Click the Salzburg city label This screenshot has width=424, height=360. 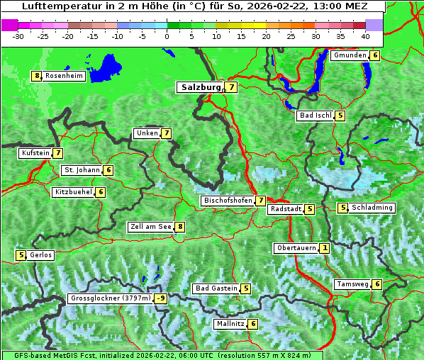(x=200, y=87)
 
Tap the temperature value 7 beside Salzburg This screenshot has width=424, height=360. (x=232, y=87)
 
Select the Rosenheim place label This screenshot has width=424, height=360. (x=64, y=76)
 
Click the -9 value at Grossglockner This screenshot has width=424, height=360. (x=162, y=298)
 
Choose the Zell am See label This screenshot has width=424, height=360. (x=150, y=227)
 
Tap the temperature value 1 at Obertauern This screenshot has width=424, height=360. (x=324, y=248)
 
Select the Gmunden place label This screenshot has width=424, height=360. (x=350, y=55)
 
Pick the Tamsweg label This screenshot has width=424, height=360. (x=352, y=284)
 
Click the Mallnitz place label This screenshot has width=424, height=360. (x=230, y=324)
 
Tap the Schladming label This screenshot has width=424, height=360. (x=372, y=208)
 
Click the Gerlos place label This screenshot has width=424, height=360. (x=40, y=255)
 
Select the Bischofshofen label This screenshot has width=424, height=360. (x=228, y=201)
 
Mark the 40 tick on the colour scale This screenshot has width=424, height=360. (x=364, y=35)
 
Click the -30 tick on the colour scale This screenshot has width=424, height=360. (x=18, y=35)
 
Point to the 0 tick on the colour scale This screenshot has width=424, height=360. (x=167, y=35)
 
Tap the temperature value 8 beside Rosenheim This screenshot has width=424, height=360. (x=36, y=76)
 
